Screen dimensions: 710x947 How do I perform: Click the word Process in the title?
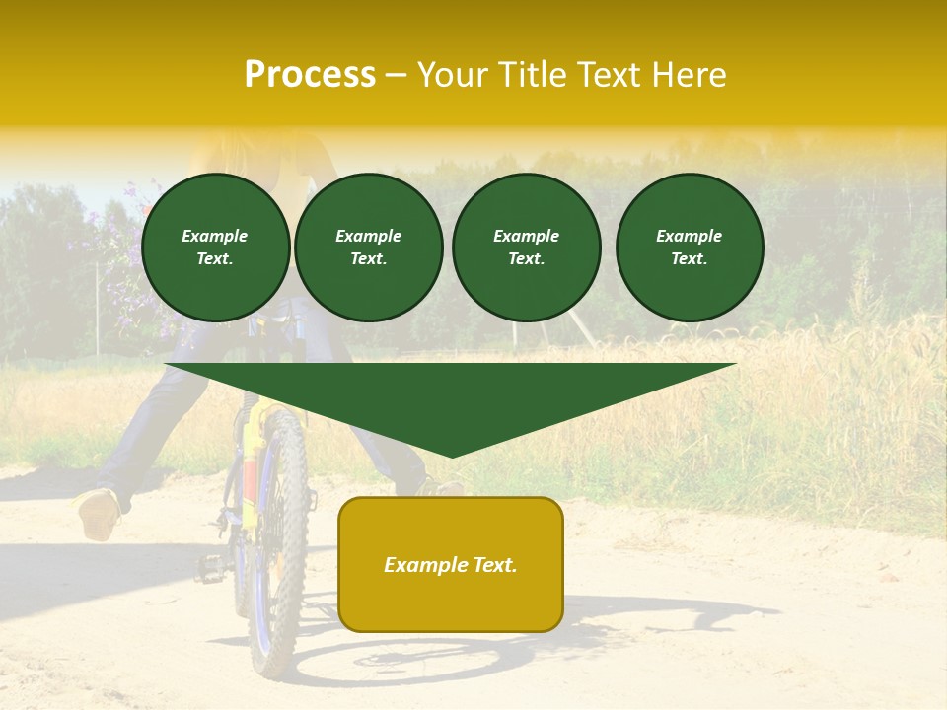coord(310,75)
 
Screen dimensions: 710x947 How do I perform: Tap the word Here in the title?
coord(688,75)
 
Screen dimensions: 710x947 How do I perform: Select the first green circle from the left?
coord(216,248)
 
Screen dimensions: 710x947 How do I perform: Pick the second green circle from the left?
coord(369,248)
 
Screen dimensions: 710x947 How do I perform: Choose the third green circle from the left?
coord(527,248)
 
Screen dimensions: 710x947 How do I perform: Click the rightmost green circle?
coord(690,248)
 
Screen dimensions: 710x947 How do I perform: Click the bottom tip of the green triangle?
coord(451,455)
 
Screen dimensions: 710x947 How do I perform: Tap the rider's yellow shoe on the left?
coord(99,513)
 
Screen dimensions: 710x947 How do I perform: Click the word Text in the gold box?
coord(493,565)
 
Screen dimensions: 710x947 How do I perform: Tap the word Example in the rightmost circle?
coord(689,236)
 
